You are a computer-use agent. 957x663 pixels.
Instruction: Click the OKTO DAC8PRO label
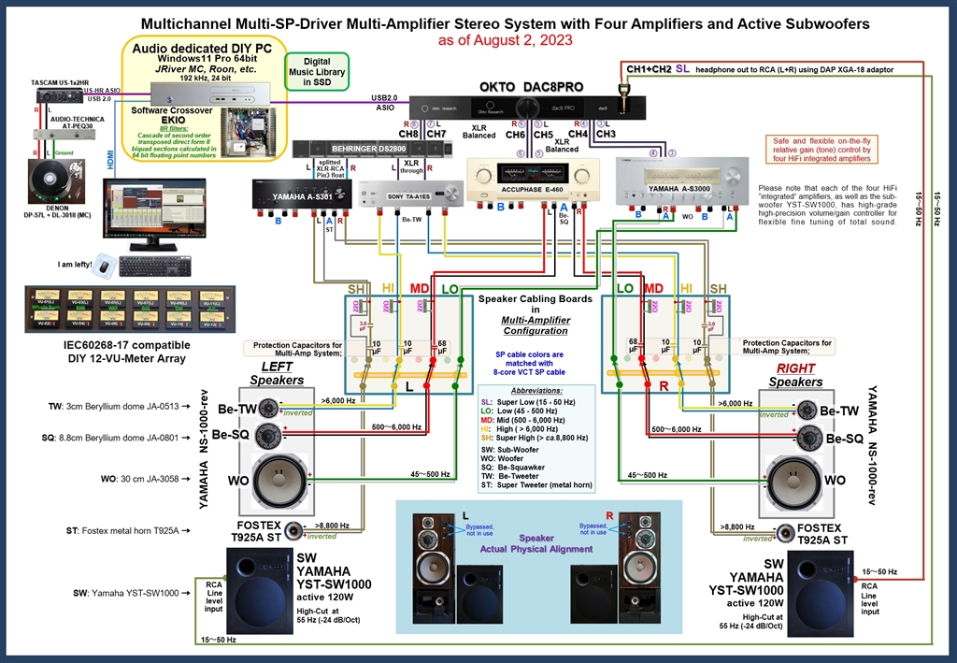tap(532, 86)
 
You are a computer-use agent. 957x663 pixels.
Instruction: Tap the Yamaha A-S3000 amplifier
tap(679, 177)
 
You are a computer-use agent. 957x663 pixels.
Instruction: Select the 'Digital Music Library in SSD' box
tap(316, 71)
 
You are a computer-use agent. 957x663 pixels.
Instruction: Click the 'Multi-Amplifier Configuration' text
tap(536, 325)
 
